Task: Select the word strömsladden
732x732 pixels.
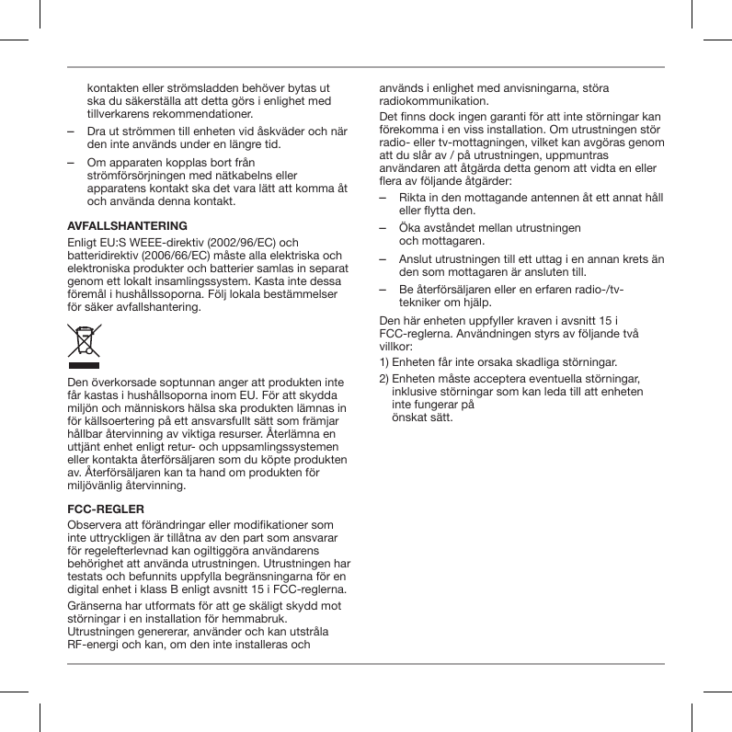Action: click(x=209, y=86)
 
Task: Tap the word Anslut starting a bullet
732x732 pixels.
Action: click(x=417, y=259)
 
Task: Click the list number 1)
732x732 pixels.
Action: click(x=386, y=363)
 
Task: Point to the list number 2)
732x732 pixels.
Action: click(x=386, y=378)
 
